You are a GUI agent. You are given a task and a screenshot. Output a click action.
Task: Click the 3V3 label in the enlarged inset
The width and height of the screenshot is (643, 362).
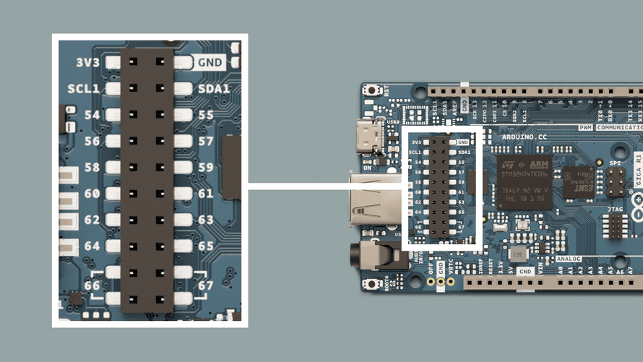tap(87, 62)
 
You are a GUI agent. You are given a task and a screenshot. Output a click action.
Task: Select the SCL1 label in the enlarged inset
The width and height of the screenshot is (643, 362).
tap(84, 89)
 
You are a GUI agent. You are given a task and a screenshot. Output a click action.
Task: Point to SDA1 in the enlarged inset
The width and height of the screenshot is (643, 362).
tap(213, 89)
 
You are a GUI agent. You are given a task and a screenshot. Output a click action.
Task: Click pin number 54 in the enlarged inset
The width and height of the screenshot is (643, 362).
tap(92, 115)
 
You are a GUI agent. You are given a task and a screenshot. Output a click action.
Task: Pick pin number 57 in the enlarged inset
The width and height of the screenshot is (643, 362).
tap(206, 142)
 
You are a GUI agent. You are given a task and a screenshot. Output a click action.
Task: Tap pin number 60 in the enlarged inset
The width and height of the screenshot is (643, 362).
tap(92, 194)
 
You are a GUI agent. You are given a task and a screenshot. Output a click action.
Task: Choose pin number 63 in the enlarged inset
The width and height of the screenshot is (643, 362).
tap(206, 220)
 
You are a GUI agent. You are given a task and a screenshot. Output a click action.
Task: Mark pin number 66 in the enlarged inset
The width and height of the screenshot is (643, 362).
tap(92, 285)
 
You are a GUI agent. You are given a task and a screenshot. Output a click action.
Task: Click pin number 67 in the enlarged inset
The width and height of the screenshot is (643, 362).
tap(206, 285)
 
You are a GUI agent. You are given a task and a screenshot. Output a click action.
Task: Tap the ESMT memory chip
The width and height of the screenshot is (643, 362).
tap(579, 181)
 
